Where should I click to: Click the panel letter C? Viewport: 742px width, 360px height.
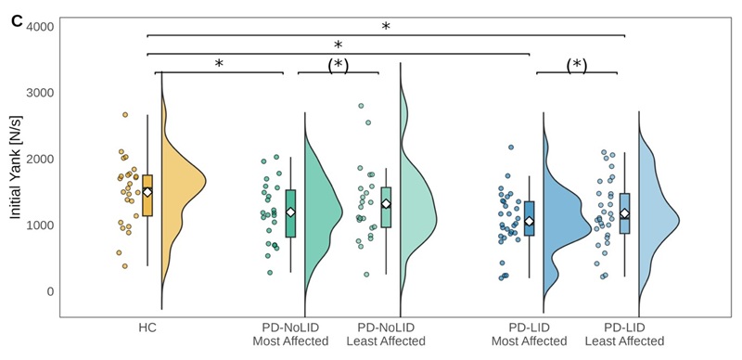click(17, 21)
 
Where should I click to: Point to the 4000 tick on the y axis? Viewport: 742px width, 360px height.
click(40, 26)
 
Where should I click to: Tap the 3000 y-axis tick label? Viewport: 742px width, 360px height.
click(40, 93)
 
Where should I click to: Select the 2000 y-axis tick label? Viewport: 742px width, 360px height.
click(40, 159)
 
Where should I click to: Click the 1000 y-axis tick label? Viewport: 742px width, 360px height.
click(40, 225)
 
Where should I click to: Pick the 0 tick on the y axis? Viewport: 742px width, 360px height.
click(50, 291)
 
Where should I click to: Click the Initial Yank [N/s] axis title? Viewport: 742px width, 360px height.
click(16, 167)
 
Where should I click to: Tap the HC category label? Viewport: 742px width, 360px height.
click(147, 328)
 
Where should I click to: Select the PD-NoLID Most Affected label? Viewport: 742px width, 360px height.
click(290, 334)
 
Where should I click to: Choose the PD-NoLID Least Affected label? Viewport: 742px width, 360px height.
click(386, 334)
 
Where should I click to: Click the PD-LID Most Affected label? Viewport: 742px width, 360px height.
click(529, 334)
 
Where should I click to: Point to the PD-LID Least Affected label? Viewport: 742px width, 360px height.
click(624, 334)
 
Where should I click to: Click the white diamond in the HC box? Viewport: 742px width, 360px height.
click(147, 192)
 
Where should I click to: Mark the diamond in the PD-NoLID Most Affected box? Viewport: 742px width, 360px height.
click(290, 212)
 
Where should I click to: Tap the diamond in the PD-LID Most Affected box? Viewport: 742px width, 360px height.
click(529, 221)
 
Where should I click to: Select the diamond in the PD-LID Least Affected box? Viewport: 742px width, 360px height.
click(624, 213)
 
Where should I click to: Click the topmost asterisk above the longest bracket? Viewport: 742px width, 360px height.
click(386, 27)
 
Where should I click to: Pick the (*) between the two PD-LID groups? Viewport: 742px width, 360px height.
click(576, 66)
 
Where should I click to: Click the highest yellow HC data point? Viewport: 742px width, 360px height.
click(125, 115)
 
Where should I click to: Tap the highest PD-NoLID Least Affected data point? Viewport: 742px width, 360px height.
click(361, 106)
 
